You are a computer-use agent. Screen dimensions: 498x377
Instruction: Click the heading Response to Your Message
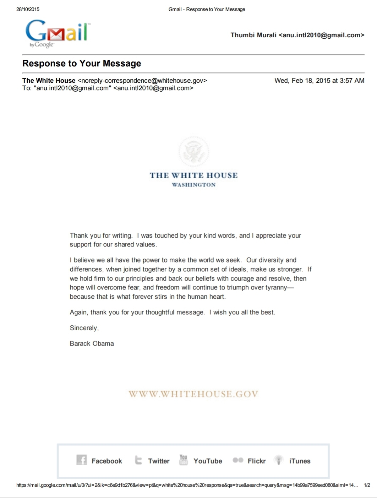coord(82,64)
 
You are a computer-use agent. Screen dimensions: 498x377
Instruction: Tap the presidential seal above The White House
coord(194,151)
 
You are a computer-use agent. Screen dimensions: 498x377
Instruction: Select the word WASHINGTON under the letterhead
coord(194,185)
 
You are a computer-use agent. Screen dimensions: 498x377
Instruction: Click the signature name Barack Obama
coord(92,343)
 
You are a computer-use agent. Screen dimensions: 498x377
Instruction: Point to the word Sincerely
coord(84,328)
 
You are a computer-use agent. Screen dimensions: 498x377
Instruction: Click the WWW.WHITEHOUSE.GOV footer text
coord(193,394)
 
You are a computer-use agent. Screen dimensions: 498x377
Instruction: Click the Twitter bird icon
coord(138,460)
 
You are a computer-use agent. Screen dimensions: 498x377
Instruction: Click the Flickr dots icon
coord(238,460)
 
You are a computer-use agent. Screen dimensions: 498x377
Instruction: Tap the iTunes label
coord(300,461)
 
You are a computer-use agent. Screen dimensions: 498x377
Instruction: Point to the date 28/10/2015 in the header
coord(28,9)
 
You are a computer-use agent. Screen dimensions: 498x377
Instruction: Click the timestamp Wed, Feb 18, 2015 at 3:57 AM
coord(319,81)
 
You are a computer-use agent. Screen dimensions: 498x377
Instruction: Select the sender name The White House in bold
coord(49,81)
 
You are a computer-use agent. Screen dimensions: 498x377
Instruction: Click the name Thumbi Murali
coord(253,35)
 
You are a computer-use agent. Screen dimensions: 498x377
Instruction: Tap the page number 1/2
coord(367,485)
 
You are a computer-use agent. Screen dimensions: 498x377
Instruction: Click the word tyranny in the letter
coord(275,287)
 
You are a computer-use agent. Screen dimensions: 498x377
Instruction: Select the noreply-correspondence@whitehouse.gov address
coord(142,81)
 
